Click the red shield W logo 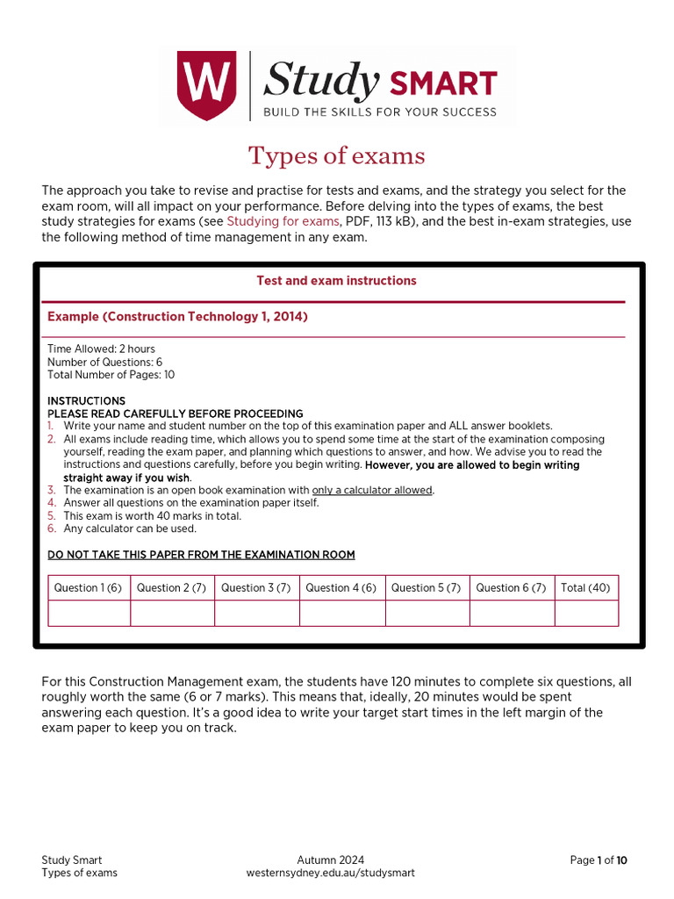(206, 86)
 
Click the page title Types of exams (336, 156)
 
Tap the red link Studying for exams (283, 221)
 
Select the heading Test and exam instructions (336, 281)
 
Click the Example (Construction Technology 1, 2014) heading (177, 317)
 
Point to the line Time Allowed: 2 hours (101, 349)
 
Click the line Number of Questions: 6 (104, 362)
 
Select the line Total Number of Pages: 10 (111, 375)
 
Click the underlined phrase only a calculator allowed (372, 490)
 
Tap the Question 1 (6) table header (89, 588)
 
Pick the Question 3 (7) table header (256, 588)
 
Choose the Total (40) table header (585, 588)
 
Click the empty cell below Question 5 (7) (427, 613)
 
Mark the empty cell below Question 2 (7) (172, 613)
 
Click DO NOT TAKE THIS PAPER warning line (201, 555)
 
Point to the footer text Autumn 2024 (330, 860)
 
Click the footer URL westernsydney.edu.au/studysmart (330, 873)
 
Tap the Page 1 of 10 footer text (599, 860)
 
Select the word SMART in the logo (443, 84)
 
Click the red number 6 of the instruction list (51, 529)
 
